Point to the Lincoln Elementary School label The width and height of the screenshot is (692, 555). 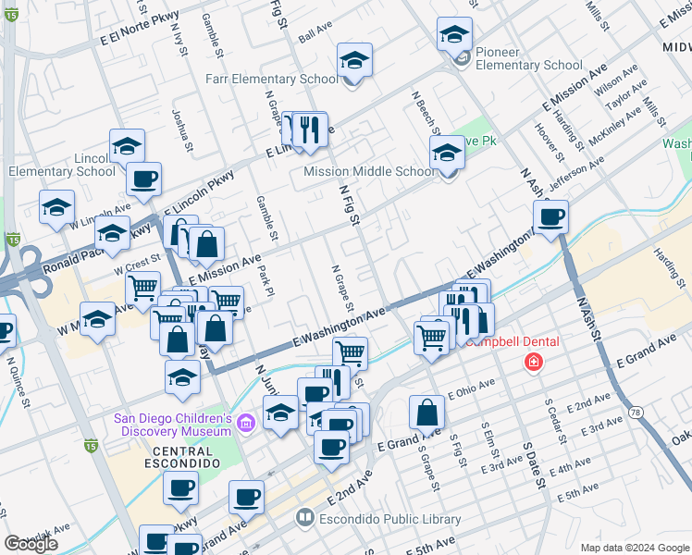click(62, 171)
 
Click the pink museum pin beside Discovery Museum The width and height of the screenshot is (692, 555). click(245, 425)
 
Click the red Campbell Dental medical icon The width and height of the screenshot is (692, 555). click(533, 362)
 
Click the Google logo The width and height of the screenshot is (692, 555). click(31, 543)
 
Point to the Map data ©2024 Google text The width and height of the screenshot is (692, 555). click(635, 548)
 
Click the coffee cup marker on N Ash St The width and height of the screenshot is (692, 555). click(550, 217)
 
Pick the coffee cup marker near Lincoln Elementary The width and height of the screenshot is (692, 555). click(142, 179)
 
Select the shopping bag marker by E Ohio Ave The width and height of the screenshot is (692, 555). click(426, 413)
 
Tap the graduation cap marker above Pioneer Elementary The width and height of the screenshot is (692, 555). click(453, 35)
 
